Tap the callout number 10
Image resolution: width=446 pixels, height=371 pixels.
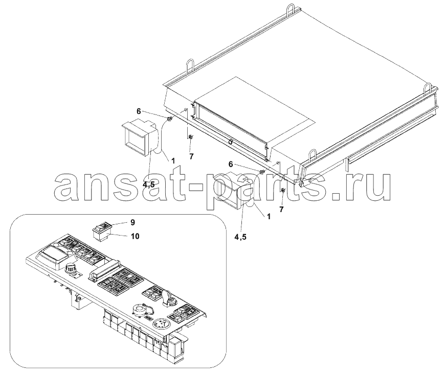(135, 236)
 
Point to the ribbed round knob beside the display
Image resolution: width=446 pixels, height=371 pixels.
(70, 268)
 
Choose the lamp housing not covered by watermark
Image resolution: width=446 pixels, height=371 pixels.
(139, 138)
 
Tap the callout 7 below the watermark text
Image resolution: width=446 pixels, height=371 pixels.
(281, 210)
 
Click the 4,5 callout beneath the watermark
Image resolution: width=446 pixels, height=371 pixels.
(240, 237)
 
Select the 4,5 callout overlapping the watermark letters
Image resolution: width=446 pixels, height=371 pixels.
(148, 184)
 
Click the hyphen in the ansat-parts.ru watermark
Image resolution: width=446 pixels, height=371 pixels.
(194, 187)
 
